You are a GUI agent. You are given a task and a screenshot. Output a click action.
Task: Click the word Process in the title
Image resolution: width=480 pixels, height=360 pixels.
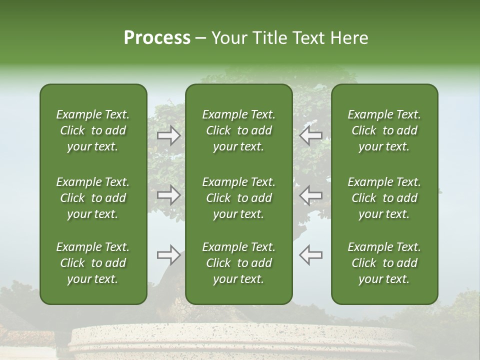coord(157,38)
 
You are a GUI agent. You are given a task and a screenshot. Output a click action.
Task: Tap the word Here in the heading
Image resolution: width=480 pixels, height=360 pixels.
coord(349,38)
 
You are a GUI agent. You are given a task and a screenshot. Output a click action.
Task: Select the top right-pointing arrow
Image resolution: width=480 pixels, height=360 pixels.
coord(169,135)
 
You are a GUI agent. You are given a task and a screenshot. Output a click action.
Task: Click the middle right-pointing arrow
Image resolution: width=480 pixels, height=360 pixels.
coord(169,194)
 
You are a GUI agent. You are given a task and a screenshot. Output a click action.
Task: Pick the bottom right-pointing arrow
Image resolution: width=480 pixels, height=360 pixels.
coord(169,255)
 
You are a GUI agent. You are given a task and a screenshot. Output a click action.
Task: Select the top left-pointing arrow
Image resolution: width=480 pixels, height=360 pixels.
coord(310,135)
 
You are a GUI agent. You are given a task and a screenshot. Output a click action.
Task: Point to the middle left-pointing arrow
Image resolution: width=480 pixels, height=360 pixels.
coord(310,194)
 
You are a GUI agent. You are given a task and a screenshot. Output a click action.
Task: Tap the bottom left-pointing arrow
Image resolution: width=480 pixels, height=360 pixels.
coord(310,255)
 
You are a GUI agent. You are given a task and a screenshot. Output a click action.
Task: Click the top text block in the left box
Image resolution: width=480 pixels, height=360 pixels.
coord(93,130)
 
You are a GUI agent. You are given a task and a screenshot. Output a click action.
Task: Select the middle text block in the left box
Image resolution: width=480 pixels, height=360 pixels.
coord(93,198)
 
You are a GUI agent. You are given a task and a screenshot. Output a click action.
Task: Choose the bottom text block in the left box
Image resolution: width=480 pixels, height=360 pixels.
coord(93,263)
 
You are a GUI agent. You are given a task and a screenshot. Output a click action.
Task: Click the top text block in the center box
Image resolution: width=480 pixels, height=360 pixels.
coord(238,130)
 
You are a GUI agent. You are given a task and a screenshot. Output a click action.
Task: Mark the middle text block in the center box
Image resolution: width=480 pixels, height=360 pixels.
coord(238,198)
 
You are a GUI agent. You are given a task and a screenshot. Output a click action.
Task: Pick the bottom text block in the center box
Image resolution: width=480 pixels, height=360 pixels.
coord(238,263)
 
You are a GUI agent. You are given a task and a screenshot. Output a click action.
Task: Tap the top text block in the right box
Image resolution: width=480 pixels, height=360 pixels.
coord(384,130)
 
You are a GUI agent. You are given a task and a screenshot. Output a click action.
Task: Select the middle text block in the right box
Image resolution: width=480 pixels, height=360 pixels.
coord(384,198)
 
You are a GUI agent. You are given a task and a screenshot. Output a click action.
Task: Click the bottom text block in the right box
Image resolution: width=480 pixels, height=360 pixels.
coord(384,263)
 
